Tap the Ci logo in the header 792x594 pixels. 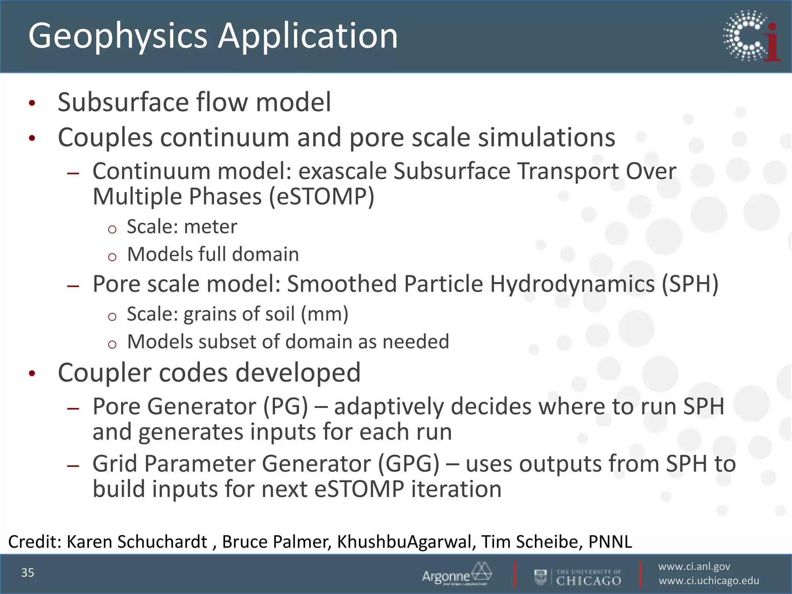click(x=751, y=36)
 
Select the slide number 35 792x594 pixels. click(x=28, y=573)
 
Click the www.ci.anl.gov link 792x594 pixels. click(x=694, y=567)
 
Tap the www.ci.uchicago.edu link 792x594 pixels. click(x=709, y=581)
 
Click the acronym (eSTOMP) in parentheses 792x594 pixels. click(x=321, y=197)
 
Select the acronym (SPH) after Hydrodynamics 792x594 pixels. click(x=690, y=284)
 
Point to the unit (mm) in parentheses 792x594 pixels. click(x=324, y=314)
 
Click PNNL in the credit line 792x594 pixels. click(x=610, y=542)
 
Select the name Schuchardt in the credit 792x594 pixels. click(x=162, y=542)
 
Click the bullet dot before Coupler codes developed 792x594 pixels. click(x=32, y=374)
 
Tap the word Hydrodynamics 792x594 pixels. click(x=572, y=284)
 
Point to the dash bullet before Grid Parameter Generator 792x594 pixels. click(x=73, y=466)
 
